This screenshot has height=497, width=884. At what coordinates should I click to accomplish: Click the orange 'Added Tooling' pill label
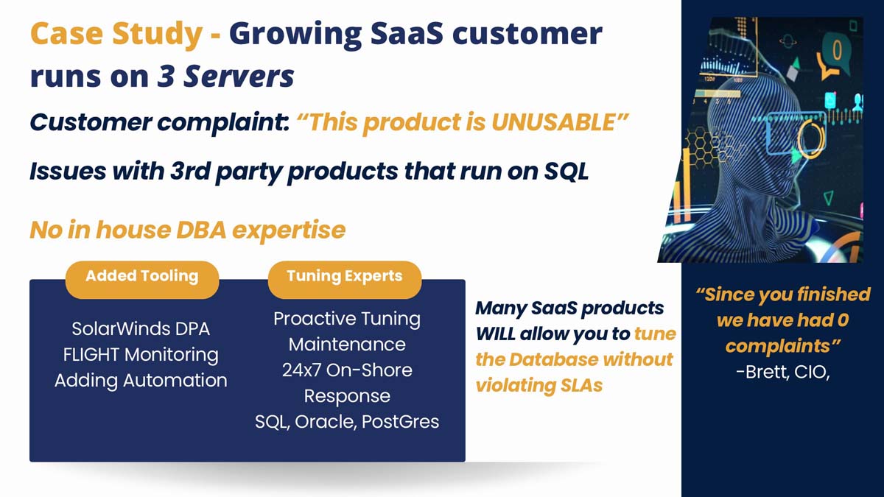coord(142,279)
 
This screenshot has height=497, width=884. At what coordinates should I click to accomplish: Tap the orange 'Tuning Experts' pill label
coord(345,279)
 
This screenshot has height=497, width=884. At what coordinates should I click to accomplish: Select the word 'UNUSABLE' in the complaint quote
coord(553,122)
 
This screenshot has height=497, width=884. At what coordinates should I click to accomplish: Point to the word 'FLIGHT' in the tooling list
coord(91,355)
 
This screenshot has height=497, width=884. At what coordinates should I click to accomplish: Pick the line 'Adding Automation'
coord(141,381)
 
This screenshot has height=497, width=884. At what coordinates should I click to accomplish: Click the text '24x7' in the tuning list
coord(301,370)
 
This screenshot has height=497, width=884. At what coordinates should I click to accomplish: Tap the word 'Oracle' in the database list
coord(325,422)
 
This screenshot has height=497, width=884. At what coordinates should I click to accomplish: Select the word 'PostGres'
coord(400,422)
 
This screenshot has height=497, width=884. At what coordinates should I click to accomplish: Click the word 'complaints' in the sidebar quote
coord(777,346)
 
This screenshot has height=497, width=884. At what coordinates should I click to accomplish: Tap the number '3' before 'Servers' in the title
coord(166,76)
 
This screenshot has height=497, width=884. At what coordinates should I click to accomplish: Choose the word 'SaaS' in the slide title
coord(407,33)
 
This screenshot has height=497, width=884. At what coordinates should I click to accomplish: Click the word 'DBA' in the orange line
coord(201,230)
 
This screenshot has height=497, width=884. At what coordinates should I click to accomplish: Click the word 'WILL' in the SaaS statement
coord(495,334)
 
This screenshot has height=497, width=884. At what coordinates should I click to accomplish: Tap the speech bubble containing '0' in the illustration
coord(834,56)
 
